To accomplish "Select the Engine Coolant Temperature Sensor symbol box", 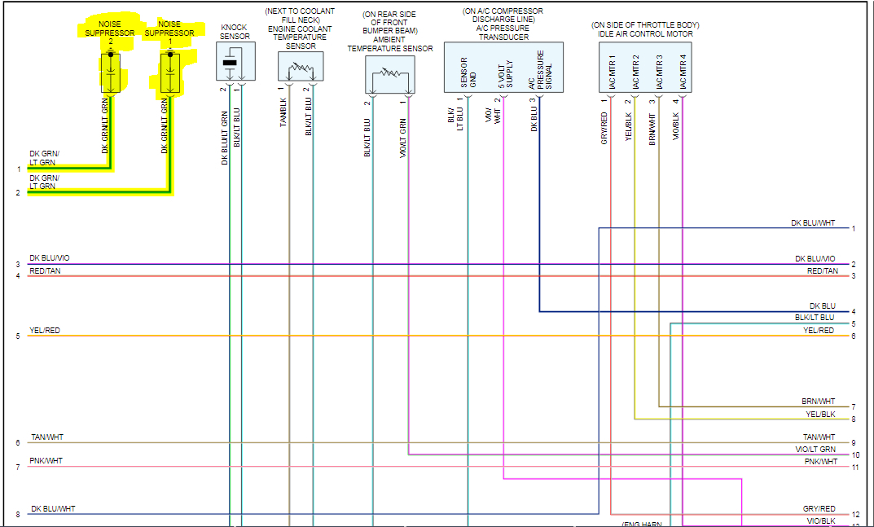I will pyautogui.click(x=301, y=68).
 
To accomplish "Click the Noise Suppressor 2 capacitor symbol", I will pyautogui.click(x=111, y=72).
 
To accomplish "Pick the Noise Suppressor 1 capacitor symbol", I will pyautogui.click(x=169, y=72).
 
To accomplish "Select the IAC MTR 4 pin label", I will pyautogui.click(x=683, y=72).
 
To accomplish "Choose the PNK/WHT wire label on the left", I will pyautogui.click(x=46, y=461).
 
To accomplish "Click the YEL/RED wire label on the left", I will pyautogui.click(x=45, y=331).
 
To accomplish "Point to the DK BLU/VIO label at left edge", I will pyautogui.click(x=50, y=258).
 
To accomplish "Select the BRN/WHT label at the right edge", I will pyautogui.click(x=818, y=401).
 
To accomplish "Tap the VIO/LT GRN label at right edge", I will pyautogui.click(x=815, y=450).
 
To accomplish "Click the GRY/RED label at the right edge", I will pyautogui.click(x=819, y=509).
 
